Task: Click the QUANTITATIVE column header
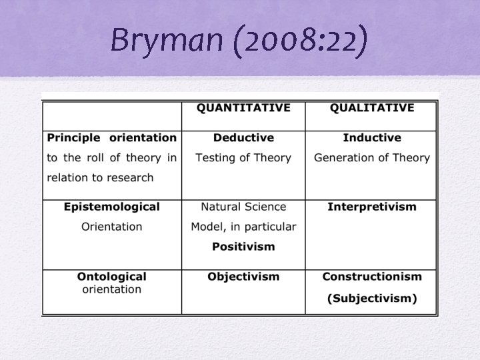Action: tap(243, 108)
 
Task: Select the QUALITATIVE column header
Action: tap(371, 108)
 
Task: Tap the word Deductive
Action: tap(243, 138)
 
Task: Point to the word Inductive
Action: tap(372, 138)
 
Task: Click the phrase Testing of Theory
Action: tap(243, 158)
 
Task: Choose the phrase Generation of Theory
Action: tap(372, 158)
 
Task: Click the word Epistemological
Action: tap(112, 207)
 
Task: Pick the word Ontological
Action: tap(112, 277)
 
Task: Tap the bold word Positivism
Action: tap(243, 247)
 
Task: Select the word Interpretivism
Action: tap(372, 207)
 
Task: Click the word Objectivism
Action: tap(243, 277)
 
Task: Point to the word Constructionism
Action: tap(372, 277)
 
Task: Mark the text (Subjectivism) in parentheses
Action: tap(372, 298)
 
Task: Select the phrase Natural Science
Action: tap(243, 207)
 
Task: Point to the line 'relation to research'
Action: tap(100, 178)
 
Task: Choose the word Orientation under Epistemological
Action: tap(112, 227)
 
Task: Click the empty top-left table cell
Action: tap(112, 115)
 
